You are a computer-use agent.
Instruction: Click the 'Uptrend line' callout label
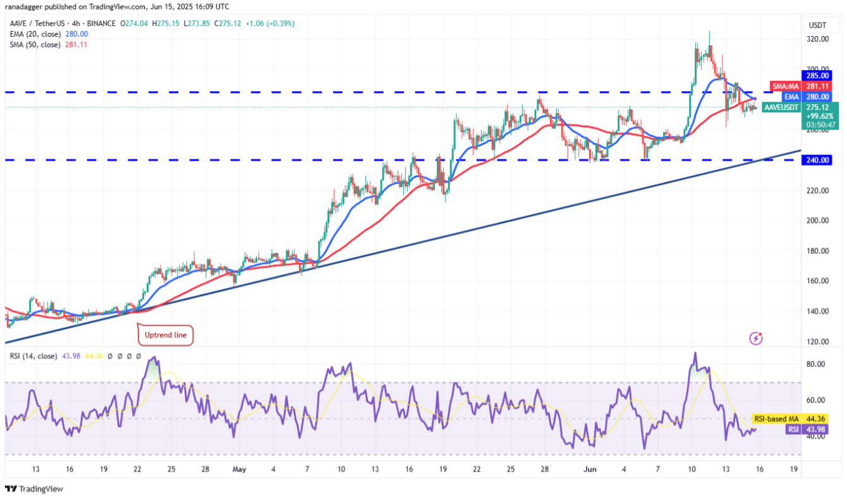[x=166, y=335]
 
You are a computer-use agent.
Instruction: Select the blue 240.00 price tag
[x=815, y=160]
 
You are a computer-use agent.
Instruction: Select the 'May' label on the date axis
[x=239, y=469]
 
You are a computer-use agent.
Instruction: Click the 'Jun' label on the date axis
[x=589, y=469]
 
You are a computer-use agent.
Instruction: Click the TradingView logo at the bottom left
[x=34, y=488]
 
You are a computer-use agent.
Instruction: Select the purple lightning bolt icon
[x=755, y=339]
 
